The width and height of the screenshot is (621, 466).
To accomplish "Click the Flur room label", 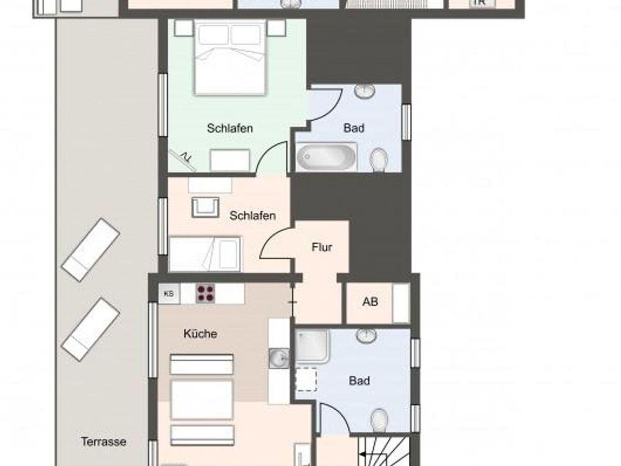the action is [x=322, y=247].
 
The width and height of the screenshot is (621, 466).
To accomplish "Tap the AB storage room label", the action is [x=370, y=302].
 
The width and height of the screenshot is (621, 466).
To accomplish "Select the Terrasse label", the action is [x=103, y=442].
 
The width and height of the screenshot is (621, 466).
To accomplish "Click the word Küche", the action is [x=200, y=334].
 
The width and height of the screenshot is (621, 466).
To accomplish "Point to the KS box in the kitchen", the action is [x=169, y=294].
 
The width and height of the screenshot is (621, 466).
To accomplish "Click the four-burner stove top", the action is [x=205, y=293].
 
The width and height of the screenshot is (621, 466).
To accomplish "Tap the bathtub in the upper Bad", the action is [x=326, y=157].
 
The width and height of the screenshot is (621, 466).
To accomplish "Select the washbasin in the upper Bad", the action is [x=364, y=91].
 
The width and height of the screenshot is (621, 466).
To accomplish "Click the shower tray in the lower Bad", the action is [x=312, y=346].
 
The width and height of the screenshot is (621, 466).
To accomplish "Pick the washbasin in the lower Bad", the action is [x=366, y=335].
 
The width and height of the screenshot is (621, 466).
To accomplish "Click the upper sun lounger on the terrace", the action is [x=90, y=250].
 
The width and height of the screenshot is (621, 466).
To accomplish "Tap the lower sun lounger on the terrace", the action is [x=90, y=329].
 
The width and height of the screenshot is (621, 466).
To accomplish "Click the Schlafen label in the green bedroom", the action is [x=230, y=128].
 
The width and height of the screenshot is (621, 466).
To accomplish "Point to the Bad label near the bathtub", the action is [x=354, y=128].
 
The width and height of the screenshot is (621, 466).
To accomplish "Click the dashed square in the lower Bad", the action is [x=306, y=379].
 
